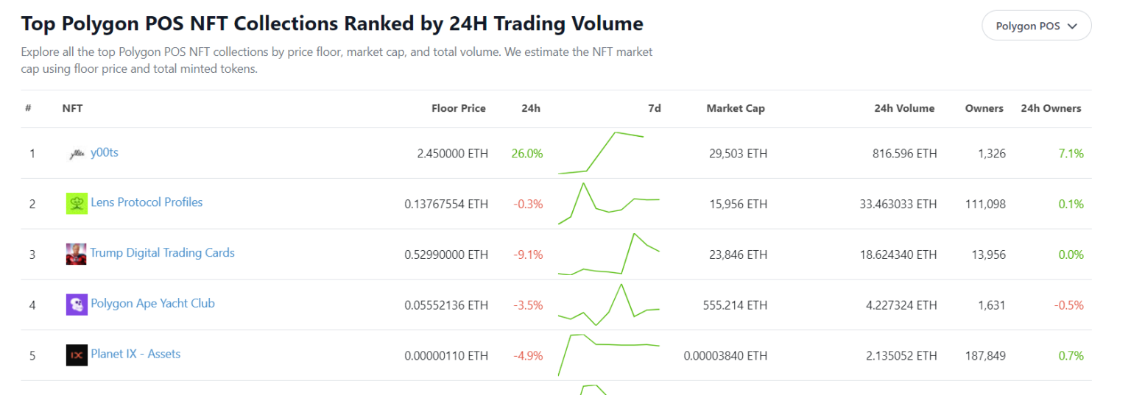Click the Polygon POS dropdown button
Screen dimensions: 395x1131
pyautogui.click(x=1036, y=26)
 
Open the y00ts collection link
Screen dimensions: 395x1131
pyautogui.click(x=104, y=152)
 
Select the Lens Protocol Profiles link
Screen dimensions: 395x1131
pyautogui.click(x=147, y=202)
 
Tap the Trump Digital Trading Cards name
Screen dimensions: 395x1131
pyautogui.click(x=162, y=253)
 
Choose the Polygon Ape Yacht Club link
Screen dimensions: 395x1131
pyautogui.click(x=152, y=303)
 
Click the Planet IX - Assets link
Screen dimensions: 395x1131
pyautogui.click(x=135, y=354)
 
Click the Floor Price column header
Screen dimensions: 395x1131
pyautogui.click(x=458, y=108)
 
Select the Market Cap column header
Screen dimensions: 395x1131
pyautogui.click(x=735, y=108)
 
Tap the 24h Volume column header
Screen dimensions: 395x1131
pyautogui.click(x=904, y=108)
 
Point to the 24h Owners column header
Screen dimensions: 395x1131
pyautogui.click(x=1051, y=108)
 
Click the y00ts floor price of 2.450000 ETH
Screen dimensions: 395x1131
pyautogui.click(x=452, y=154)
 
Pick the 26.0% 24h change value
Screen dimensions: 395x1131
pyautogui.click(x=526, y=154)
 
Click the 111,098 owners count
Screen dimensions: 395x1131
pyautogui.click(x=985, y=204)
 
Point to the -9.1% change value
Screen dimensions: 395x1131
pyautogui.click(x=528, y=255)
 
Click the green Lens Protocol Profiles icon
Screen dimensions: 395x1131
pyautogui.click(x=77, y=204)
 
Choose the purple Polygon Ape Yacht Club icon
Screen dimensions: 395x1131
pyautogui.click(x=77, y=305)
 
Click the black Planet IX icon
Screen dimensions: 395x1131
pyautogui.click(x=77, y=355)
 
